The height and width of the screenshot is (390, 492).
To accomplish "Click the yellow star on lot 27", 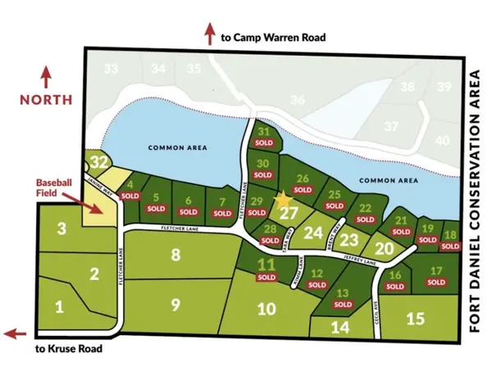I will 284,198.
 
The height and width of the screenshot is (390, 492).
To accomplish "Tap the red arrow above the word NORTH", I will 46,77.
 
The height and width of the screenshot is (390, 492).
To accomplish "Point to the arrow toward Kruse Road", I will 16,333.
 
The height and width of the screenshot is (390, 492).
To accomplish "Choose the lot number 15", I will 416,317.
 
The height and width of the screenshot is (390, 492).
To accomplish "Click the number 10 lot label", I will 265,309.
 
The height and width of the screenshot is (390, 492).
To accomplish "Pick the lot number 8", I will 175,255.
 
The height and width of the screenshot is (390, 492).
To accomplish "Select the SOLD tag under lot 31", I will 263,143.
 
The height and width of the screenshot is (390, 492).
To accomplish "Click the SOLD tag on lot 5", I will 156,210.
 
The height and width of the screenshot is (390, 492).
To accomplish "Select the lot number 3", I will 61,229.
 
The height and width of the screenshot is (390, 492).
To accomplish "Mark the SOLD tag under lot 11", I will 266,277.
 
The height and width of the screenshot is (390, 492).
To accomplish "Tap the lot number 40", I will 444,140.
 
